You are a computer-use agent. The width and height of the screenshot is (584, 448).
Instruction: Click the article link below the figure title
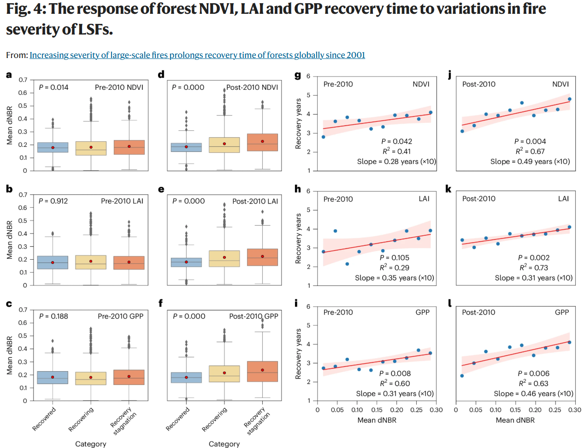click(197, 55)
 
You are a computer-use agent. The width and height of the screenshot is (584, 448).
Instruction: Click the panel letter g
click(298, 75)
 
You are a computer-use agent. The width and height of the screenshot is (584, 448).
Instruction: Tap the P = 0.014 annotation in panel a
click(53, 87)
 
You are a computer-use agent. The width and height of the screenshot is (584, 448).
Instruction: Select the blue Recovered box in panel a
click(53, 147)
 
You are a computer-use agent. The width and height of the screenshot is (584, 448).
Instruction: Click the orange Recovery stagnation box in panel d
click(262, 142)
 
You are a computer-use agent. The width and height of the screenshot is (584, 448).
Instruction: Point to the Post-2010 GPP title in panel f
click(254, 316)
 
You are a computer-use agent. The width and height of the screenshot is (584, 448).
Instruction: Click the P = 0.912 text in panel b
click(53, 201)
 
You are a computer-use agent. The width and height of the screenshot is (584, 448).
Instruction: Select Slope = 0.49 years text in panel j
click(530, 162)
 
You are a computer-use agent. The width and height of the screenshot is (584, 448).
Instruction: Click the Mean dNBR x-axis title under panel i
click(377, 420)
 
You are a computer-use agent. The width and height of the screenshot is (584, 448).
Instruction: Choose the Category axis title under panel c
click(90, 444)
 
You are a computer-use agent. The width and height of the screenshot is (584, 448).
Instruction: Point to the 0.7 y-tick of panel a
click(23, 80)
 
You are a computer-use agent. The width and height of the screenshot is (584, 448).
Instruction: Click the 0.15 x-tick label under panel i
click(377, 410)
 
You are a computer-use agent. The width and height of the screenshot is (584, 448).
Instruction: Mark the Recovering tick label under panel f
click(215, 419)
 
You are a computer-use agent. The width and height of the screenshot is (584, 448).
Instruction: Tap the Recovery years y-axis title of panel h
click(298, 239)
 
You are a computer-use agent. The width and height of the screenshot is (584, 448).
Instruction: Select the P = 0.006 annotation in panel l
click(533, 373)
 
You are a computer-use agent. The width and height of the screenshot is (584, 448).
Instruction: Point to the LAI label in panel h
click(424, 199)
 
